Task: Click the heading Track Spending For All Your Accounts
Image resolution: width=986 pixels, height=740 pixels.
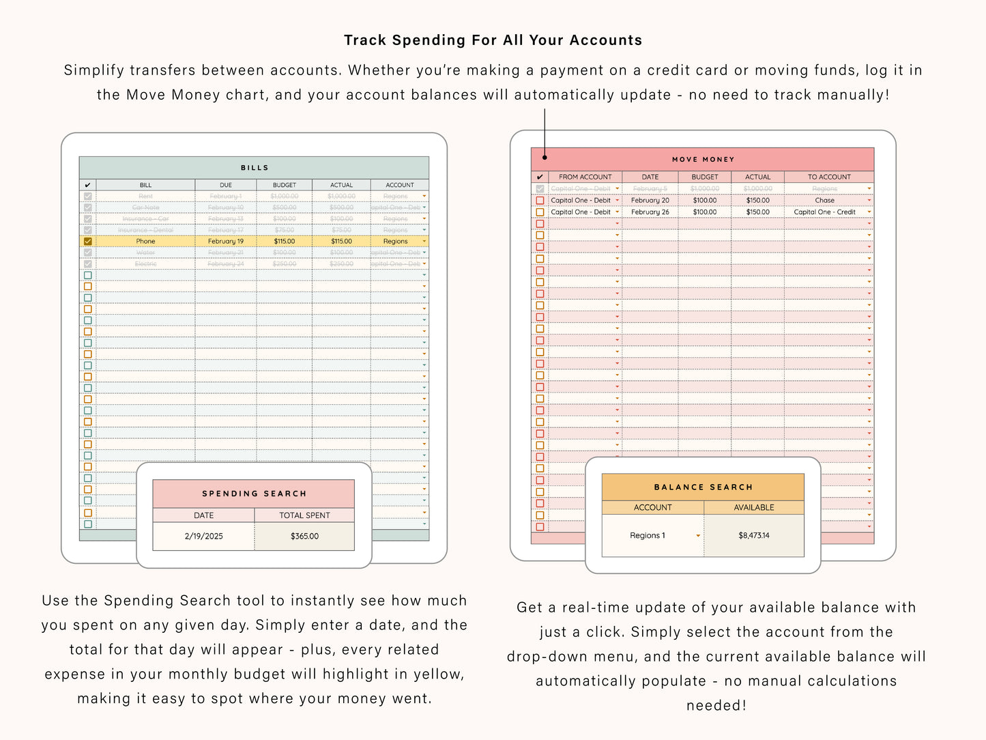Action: pyautogui.click(x=493, y=40)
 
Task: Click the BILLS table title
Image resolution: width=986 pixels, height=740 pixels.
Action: pyautogui.click(x=255, y=168)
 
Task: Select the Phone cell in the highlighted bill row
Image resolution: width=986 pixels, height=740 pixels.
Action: pyautogui.click(x=145, y=242)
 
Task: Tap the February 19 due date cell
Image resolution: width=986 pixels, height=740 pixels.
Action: pyautogui.click(x=225, y=242)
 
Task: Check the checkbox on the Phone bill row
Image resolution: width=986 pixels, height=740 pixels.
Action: pyautogui.click(x=87, y=242)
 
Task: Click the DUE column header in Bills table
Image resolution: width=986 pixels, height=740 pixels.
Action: pyautogui.click(x=225, y=185)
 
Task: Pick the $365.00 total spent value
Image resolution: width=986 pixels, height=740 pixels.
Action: pyautogui.click(x=304, y=537)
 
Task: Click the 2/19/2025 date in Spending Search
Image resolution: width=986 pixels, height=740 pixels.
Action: pyautogui.click(x=203, y=537)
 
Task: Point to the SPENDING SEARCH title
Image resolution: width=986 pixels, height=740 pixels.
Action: pyautogui.click(x=254, y=494)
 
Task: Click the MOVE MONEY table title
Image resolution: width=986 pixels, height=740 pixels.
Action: pyautogui.click(x=703, y=160)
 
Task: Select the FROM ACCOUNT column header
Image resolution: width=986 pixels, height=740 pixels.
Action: pyautogui.click(x=585, y=177)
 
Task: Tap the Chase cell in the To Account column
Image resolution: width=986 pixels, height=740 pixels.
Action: pyautogui.click(x=824, y=201)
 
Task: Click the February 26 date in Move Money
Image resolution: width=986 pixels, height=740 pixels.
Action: pyautogui.click(x=650, y=212)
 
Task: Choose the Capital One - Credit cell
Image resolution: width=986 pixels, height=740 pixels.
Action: pyautogui.click(x=824, y=212)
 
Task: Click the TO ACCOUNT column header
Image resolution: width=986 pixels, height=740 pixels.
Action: pyautogui.click(x=829, y=177)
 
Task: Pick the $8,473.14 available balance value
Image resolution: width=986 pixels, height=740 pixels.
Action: pyautogui.click(x=753, y=536)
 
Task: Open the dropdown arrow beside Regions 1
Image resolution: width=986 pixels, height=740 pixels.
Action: pyautogui.click(x=698, y=536)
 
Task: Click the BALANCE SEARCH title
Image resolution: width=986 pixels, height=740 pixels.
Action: pyautogui.click(x=703, y=487)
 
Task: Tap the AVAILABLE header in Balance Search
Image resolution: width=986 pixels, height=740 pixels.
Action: pyautogui.click(x=753, y=508)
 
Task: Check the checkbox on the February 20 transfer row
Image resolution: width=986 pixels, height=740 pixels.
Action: pyautogui.click(x=540, y=201)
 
